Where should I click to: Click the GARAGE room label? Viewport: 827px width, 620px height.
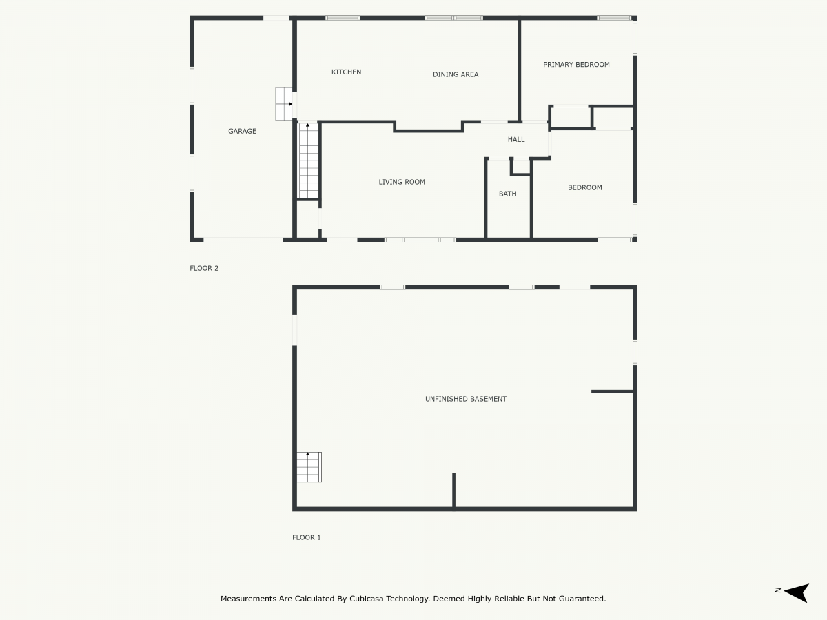click(x=242, y=131)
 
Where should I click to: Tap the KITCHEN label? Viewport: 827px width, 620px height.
click(x=346, y=72)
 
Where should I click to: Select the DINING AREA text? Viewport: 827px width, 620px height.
click(x=456, y=74)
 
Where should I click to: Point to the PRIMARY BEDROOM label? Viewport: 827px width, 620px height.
click(x=576, y=65)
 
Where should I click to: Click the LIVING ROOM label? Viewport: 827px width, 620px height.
click(x=402, y=182)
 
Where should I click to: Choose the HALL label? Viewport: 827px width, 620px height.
click(x=516, y=139)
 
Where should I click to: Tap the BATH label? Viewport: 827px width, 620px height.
click(x=508, y=194)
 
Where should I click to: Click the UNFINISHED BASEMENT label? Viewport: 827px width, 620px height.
click(x=466, y=399)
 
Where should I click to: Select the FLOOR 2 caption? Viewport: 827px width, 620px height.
click(x=204, y=268)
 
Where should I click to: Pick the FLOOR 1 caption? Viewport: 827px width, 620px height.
click(x=307, y=537)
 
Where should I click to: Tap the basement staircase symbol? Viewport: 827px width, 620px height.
click(x=309, y=467)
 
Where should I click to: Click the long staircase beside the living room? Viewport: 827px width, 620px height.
click(x=308, y=160)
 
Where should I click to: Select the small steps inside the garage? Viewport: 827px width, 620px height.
click(x=284, y=104)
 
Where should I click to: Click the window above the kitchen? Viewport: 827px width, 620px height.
click(x=343, y=17)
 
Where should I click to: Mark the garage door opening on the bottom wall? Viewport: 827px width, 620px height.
click(x=243, y=240)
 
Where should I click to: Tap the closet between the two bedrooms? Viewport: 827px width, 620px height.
click(x=571, y=116)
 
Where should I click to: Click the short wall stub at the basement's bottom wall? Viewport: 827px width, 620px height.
click(x=453, y=490)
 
